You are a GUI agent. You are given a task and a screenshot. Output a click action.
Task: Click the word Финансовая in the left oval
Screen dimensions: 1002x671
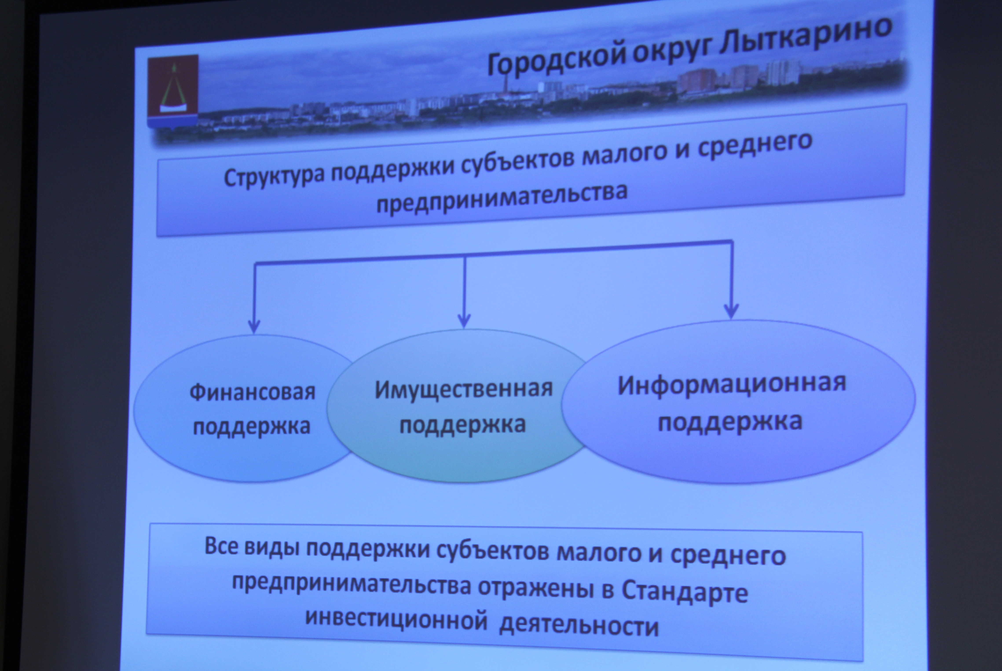point(252,392)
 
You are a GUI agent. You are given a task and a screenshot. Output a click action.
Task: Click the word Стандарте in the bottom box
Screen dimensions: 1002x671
point(684,592)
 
